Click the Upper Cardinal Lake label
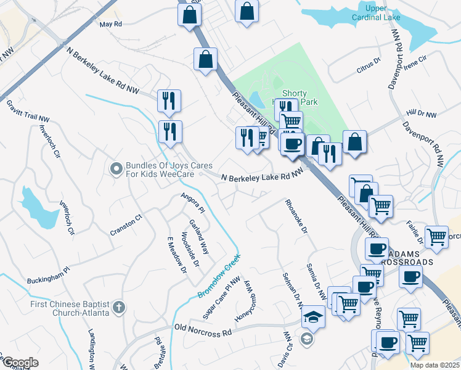point(383,13)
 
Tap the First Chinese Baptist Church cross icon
point(119,306)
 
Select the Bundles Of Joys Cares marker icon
point(115,168)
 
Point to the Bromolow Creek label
point(218,277)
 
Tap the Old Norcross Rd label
point(203,329)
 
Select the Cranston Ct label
point(126,225)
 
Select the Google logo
point(20,363)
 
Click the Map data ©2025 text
point(434,364)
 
